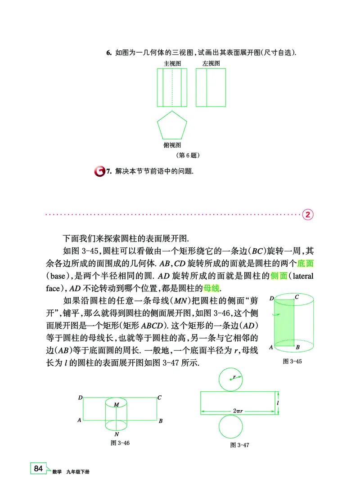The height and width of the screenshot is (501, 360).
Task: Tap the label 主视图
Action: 172,63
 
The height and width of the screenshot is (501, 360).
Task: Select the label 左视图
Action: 211,63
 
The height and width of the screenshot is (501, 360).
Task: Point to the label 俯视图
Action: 172,145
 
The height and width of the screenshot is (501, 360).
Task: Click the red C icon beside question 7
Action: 99,171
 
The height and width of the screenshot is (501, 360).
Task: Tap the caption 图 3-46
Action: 120,443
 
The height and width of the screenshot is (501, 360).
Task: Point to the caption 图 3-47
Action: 239,445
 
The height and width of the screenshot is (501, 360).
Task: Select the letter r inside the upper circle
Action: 235,376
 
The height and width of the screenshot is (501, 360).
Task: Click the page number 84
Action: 38,469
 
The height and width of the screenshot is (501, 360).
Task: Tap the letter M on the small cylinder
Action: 116,405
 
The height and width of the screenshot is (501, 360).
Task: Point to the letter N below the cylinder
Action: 117,434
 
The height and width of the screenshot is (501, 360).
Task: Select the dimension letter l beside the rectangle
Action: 279,403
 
